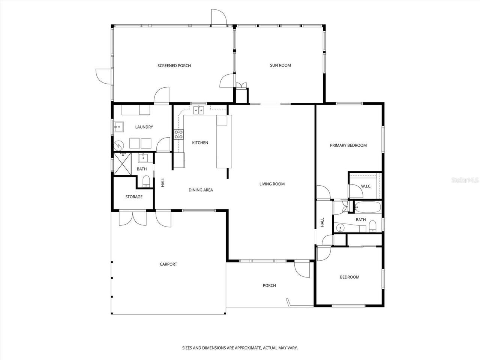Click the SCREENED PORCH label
(174, 66)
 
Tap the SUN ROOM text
(280, 65)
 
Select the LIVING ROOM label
(272, 184)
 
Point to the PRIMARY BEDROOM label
(348, 145)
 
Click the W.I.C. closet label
(366, 186)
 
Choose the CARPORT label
(168, 264)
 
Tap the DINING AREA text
(201, 190)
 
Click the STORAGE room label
(134, 197)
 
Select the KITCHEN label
(200, 143)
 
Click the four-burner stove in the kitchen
(178, 134)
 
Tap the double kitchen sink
(198, 110)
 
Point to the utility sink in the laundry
(119, 127)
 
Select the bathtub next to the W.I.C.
(367, 207)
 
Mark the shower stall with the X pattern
(122, 164)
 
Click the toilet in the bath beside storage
(146, 182)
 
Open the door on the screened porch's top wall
(218, 17)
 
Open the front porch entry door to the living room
(302, 268)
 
